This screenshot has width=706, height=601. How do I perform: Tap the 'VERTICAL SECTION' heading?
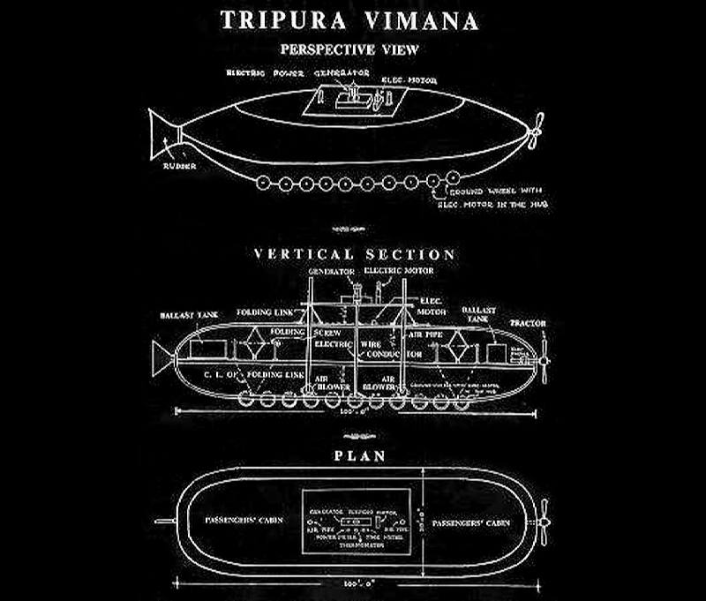pyautogui.click(x=355, y=254)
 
